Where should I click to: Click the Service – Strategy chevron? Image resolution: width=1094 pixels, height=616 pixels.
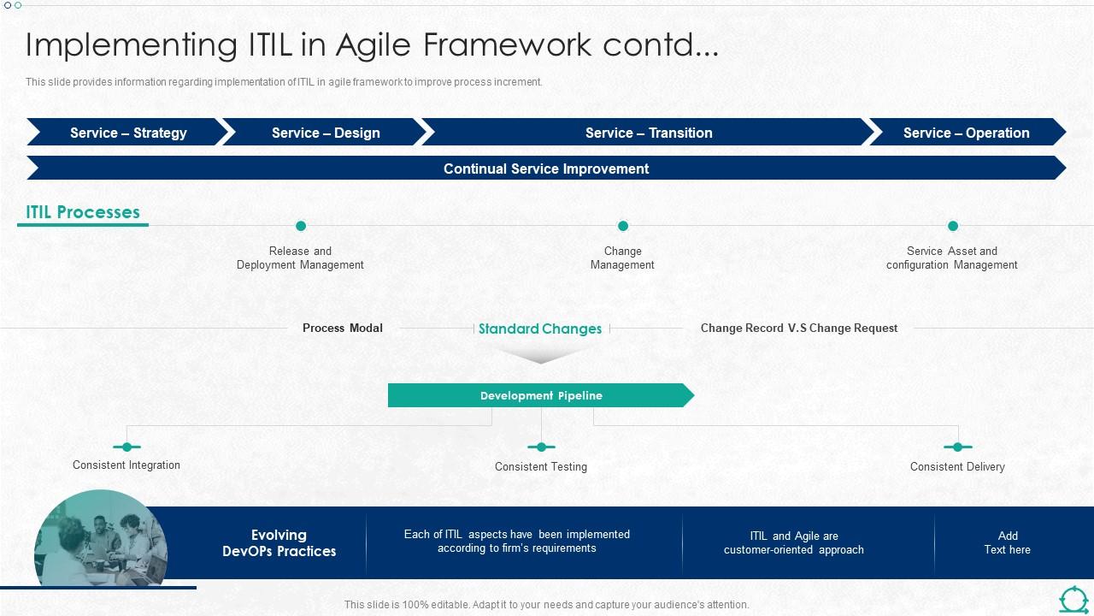(x=128, y=133)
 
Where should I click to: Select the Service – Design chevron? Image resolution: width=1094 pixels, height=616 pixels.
(x=325, y=133)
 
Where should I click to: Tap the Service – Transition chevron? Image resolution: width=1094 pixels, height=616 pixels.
(x=649, y=133)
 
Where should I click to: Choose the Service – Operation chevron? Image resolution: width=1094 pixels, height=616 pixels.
(x=966, y=133)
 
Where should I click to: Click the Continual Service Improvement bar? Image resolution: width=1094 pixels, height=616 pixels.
(x=546, y=169)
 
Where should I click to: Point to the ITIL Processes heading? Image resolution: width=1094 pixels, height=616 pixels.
(x=83, y=212)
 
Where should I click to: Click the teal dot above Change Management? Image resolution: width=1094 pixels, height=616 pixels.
(x=623, y=226)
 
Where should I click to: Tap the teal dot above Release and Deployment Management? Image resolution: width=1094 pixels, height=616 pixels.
(x=301, y=226)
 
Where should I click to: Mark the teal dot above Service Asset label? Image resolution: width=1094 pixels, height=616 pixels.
(x=953, y=226)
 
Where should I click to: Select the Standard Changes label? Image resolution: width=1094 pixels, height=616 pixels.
(x=540, y=329)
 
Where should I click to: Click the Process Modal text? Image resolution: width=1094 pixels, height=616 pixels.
(x=343, y=328)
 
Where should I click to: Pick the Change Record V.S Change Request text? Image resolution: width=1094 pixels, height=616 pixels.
(x=799, y=328)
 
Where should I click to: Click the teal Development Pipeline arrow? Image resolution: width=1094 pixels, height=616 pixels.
(x=541, y=395)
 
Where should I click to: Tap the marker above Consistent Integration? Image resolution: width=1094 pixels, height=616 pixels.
(x=126, y=447)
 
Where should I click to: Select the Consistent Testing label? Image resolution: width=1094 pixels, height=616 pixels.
(x=541, y=467)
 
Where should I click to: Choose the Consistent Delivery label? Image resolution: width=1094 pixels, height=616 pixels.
(x=957, y=467)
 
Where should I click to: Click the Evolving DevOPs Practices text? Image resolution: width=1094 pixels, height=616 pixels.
(x=279, y=543)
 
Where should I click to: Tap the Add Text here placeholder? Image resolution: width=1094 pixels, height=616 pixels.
(x=1008, y=542)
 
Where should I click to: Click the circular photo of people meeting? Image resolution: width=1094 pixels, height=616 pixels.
(x=101, y=539)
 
